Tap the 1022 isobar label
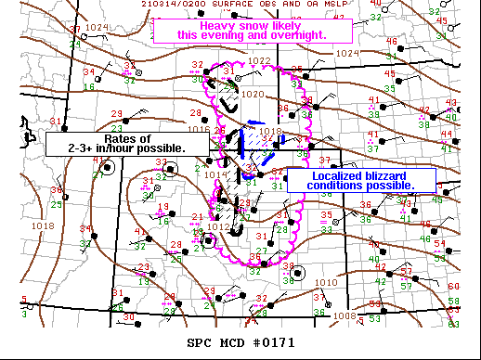(x=259, y=61)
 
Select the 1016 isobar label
(x=198, y=115)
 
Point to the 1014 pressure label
(x=212, y=174)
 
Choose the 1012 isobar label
(x=218, y=226)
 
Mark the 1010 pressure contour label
(x=326, y=282)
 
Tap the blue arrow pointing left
(x=253, y=122)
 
